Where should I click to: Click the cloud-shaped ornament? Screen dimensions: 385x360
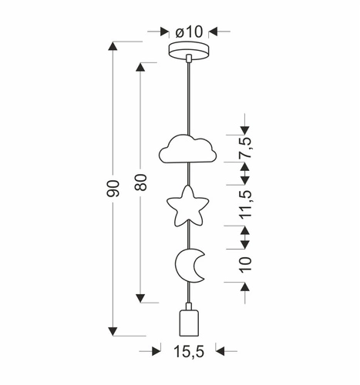click(189, 149)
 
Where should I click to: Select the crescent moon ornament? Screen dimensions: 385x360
click(188, 266)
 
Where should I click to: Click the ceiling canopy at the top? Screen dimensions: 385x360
click(189, 52)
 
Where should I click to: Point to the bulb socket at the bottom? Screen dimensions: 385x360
click(189, 322)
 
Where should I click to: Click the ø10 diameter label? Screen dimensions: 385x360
click(189, 32)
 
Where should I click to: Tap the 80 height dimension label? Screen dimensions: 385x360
click(140, 182)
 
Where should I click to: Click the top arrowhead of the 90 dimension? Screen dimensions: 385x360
click(113, 49)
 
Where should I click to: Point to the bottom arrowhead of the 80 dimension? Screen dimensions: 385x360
click(140, 296)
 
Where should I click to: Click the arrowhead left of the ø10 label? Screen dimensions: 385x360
click(163, 32)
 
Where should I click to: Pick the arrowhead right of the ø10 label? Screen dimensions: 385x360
click(214, 32)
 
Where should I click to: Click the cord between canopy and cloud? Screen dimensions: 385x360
click(189, 96)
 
